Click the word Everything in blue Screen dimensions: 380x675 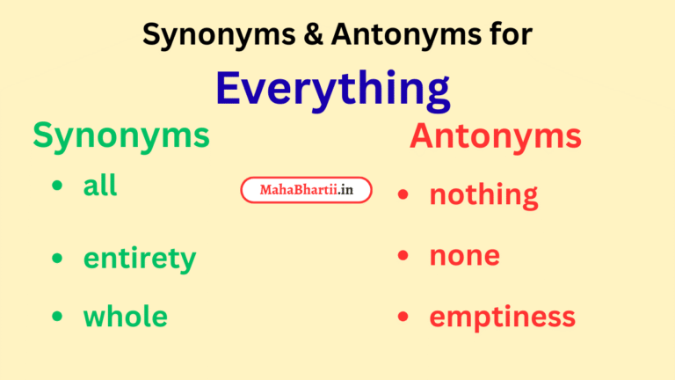tap(333, 89)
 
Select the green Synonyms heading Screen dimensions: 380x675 tap(121, 135)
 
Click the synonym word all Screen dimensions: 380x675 tap(100, 186)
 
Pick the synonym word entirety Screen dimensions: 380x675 tap(139, 259)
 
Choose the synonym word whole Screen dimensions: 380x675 tap(125, 316)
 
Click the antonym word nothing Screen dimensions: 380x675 tap(483, 194)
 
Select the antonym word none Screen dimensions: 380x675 tap(464, 255)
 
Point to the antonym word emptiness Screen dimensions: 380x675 tap(502, 317)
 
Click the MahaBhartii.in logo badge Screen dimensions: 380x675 tap(306, 190)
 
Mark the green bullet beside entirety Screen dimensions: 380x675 tap(58, 258)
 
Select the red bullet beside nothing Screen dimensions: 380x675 tap(403, 194)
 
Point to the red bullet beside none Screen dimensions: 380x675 tap(403, 256)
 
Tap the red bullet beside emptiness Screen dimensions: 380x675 tap(403, 317)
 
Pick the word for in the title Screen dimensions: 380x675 tap(510, 34)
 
